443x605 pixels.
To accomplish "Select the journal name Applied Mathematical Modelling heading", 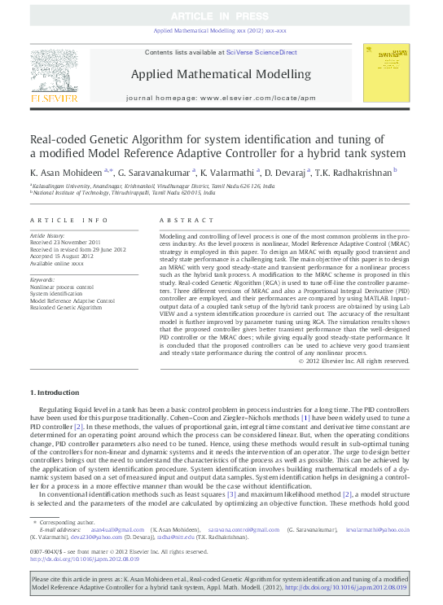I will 220,75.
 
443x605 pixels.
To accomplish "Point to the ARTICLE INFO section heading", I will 68,221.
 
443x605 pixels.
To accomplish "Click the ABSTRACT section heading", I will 176,221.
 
